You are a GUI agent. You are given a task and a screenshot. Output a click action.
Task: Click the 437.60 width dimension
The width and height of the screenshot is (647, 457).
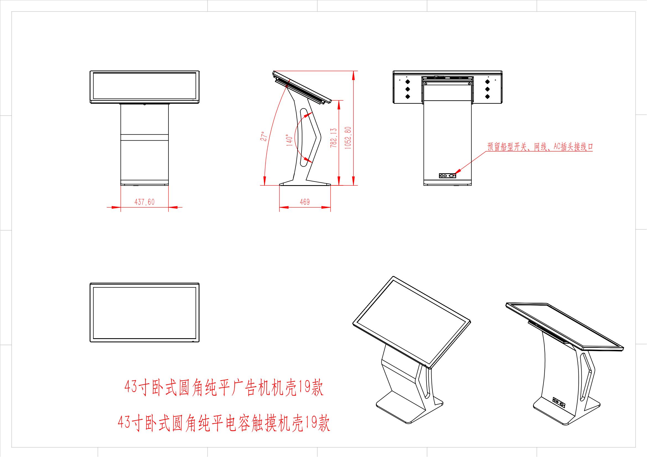145,202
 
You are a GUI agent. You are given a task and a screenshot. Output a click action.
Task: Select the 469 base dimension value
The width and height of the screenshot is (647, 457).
305,202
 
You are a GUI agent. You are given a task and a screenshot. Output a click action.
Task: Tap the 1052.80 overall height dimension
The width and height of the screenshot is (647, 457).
348,138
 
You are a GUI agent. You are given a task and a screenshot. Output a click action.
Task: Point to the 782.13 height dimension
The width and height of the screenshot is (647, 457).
334,138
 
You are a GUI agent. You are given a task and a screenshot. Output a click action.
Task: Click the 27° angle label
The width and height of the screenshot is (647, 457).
264,136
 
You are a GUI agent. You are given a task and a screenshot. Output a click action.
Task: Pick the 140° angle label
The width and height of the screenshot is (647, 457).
289,140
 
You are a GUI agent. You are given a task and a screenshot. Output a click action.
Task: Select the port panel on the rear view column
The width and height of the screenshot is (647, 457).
448,176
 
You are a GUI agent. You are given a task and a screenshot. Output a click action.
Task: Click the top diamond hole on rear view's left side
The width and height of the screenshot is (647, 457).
407,82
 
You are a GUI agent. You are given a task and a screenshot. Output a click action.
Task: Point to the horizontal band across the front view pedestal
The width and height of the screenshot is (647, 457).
145,138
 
